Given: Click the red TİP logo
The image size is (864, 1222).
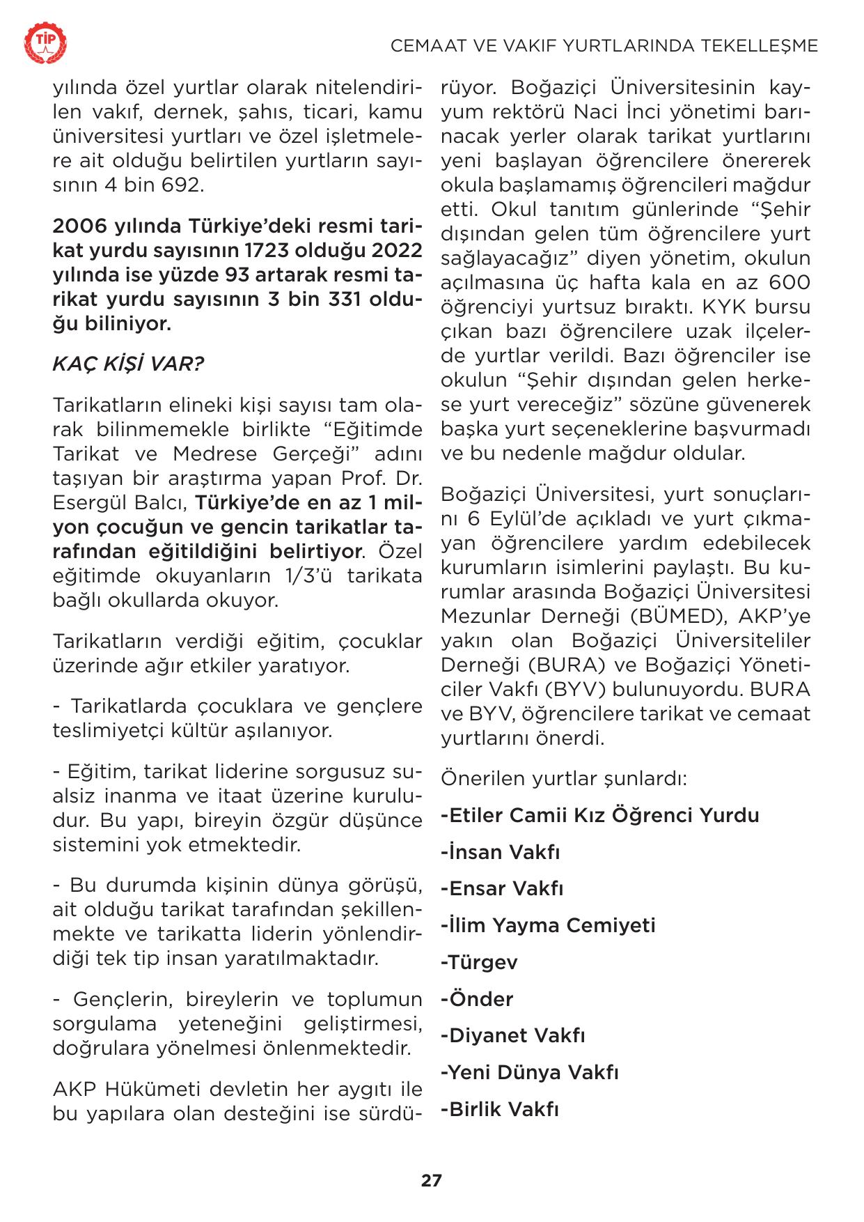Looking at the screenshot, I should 47,43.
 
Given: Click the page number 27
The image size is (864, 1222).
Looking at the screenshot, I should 431,1180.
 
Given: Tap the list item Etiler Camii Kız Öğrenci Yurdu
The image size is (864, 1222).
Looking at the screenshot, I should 600,815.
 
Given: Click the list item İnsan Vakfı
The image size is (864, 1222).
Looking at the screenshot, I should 501,852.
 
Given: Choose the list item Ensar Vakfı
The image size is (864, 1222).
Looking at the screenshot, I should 502,888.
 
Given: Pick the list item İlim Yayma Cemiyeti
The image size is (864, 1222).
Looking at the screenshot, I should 549,925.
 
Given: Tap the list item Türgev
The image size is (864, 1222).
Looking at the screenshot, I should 479,962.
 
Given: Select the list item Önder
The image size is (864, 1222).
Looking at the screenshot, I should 477,999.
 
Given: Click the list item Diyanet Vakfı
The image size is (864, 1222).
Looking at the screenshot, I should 512,1035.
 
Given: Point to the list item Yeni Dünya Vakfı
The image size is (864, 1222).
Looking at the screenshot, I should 530,1072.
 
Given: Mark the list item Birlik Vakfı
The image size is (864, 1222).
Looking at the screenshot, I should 500,1109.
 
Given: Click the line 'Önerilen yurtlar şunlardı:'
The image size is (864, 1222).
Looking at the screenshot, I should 564,778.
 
